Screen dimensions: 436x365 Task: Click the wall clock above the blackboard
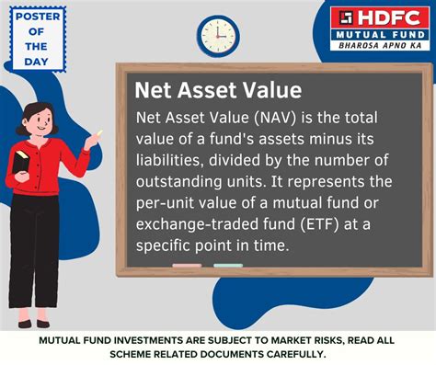pos(218,36)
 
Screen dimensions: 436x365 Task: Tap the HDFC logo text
pos(389,17)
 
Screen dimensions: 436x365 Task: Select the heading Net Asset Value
pos(218,90)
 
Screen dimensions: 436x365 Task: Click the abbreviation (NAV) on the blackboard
pos(275,118)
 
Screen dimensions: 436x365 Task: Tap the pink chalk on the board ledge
pos(187,266)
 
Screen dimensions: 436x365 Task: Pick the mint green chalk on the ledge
pos(228,266)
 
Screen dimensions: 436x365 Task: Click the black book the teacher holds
pos(21,162)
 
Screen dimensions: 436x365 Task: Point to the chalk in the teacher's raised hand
pos(99,133)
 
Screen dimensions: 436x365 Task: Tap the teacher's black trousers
pos(33,250)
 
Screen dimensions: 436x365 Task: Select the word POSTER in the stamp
pos(38,17)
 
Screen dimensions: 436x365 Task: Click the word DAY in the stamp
pos(37,62)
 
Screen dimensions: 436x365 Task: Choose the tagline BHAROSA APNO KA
pos(380,46)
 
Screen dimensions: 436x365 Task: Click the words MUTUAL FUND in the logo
pos(380,35)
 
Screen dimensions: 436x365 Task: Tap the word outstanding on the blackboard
pos(178,182)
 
